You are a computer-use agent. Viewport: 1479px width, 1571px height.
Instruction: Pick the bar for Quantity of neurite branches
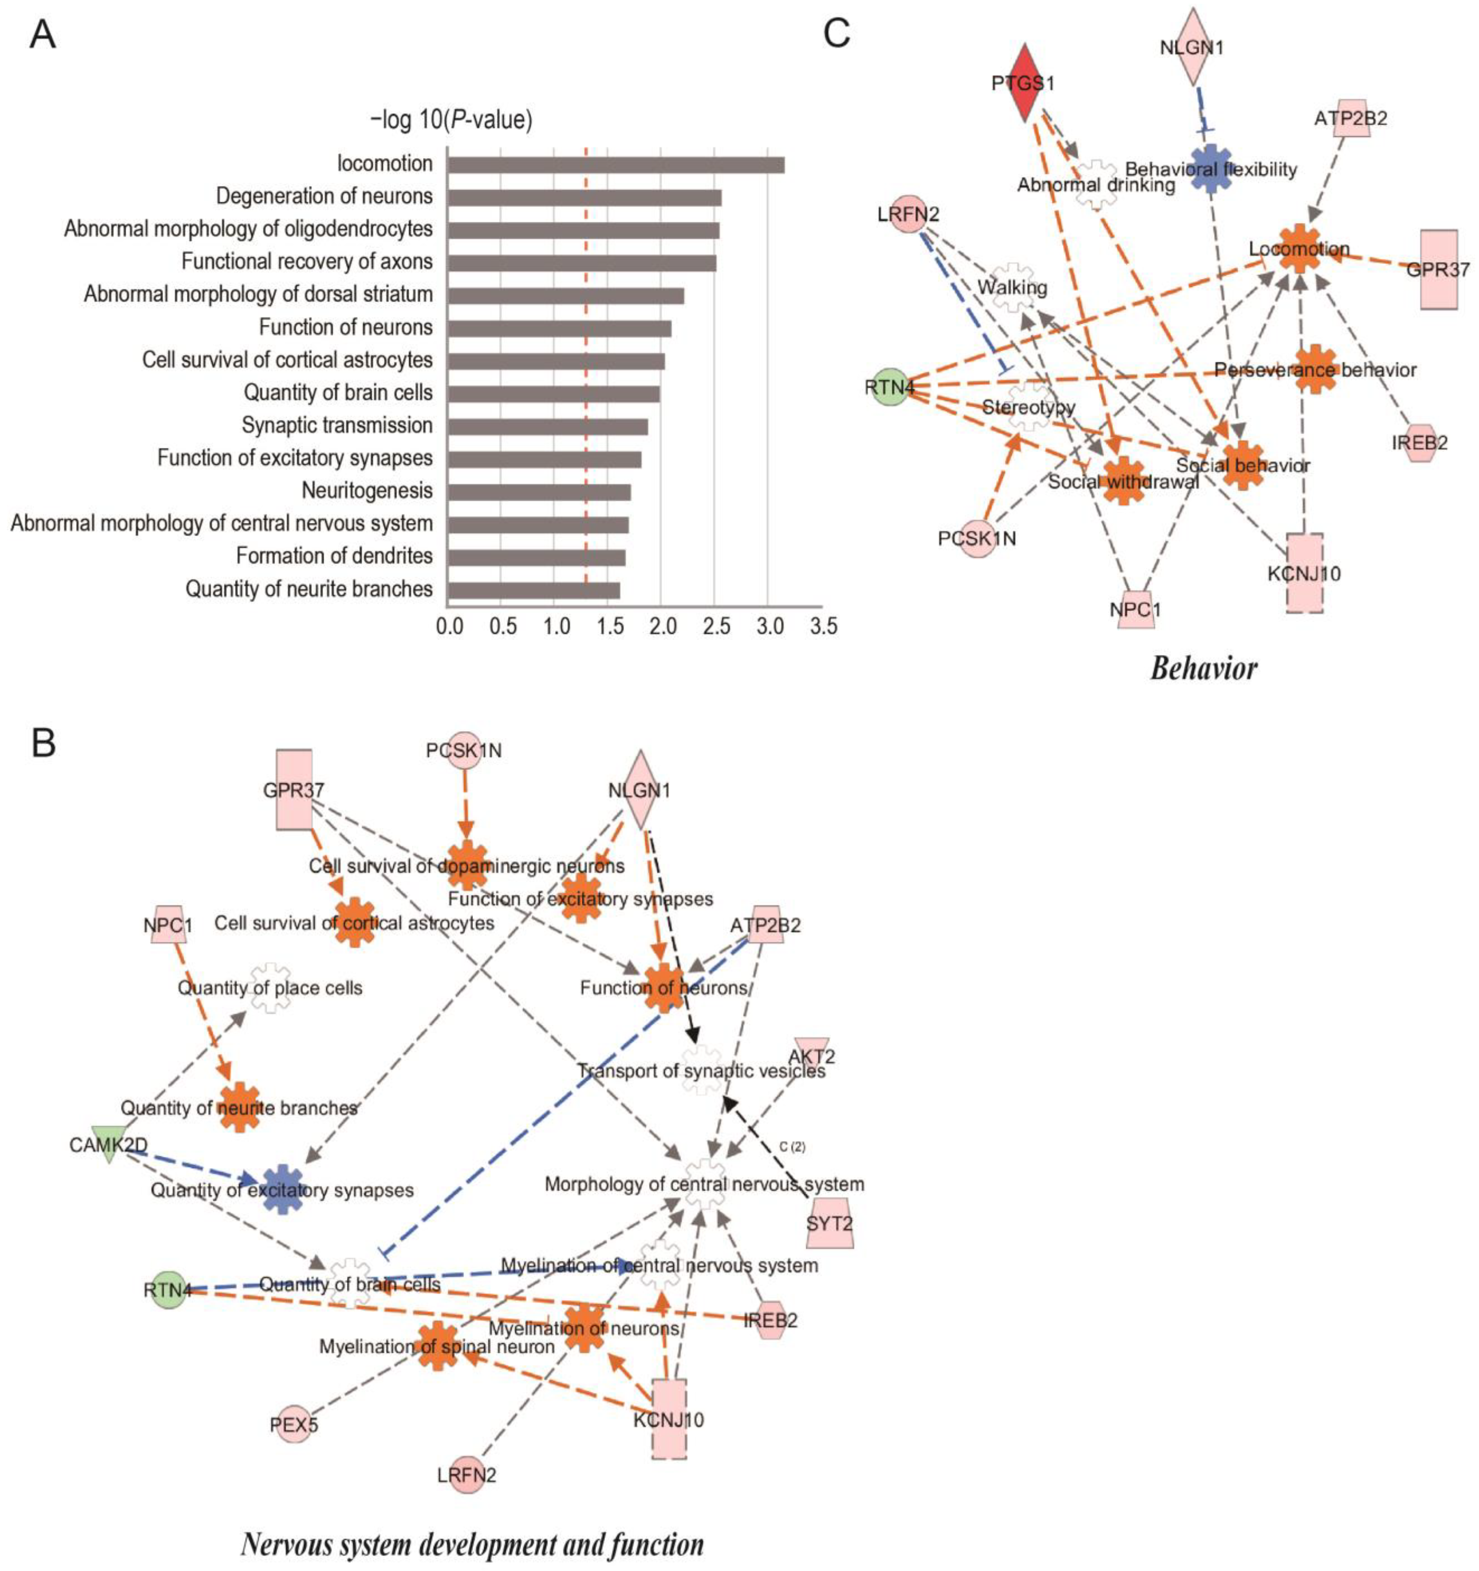tap(533, 590)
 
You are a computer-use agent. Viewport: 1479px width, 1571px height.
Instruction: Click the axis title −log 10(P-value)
tap(451, 120)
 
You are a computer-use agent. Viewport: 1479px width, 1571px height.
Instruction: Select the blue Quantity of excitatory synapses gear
tap(282, 1189)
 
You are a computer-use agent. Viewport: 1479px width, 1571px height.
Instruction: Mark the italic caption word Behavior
tap(1203, 668)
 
